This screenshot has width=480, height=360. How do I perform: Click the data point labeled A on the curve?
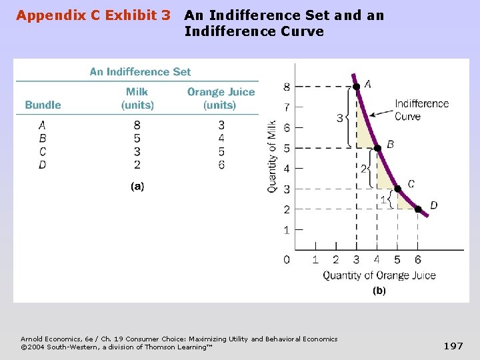[357, 87]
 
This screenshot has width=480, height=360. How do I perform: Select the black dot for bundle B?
[377, 148]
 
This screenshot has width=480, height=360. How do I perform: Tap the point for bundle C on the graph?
[398, 189]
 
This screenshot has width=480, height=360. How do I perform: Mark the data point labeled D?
[419, 209]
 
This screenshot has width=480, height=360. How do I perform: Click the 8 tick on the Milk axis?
[287, 87]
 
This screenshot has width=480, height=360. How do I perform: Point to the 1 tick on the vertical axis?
[287, 230]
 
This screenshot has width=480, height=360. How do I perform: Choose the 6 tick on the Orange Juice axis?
[418, 259]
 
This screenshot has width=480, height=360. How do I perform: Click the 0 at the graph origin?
[287, 259]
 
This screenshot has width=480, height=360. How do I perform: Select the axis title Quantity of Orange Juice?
[379, 275]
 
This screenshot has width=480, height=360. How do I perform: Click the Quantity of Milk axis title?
[272, 157]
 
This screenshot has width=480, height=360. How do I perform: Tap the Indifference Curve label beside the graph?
[421, 110]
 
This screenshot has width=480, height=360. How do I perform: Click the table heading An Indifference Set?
[140, 72]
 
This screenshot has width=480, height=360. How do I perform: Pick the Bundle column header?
[43, 105]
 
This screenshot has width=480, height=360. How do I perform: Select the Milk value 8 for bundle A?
[137, 125]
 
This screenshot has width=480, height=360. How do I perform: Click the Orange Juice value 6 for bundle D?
[221, 165]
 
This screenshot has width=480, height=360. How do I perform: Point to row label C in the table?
[43, 151]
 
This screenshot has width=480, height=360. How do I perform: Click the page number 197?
[453, 345]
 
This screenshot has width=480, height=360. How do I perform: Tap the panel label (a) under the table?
[137, 187]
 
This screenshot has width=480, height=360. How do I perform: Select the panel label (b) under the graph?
[379, 291]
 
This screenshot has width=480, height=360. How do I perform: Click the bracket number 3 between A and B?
[340, 119]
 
